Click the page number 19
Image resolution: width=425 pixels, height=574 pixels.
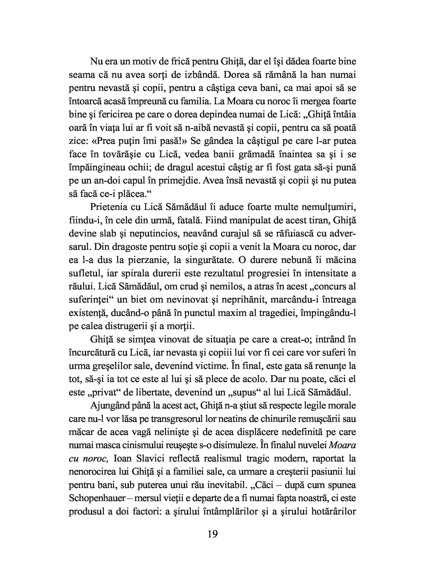212,534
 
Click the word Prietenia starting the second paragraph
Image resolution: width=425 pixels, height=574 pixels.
111,207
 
